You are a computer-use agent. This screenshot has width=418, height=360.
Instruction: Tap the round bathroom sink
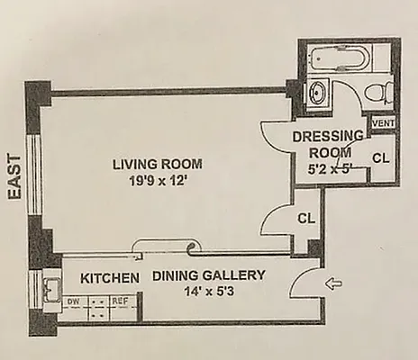(x=318, y=92)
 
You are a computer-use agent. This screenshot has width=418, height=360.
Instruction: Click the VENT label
(x=383, y=121)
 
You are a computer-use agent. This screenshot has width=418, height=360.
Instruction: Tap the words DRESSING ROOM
(x=328, y=144)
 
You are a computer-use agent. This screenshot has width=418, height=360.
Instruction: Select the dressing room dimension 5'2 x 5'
(x=331, y=166)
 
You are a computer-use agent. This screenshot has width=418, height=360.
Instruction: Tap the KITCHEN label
(x=110, y=278)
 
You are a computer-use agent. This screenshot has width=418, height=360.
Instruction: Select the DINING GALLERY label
(x=208, y=276)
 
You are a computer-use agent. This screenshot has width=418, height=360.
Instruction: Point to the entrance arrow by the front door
(x=333, y=286)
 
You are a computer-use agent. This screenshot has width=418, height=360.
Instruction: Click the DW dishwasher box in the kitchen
(x=74, y=301)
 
